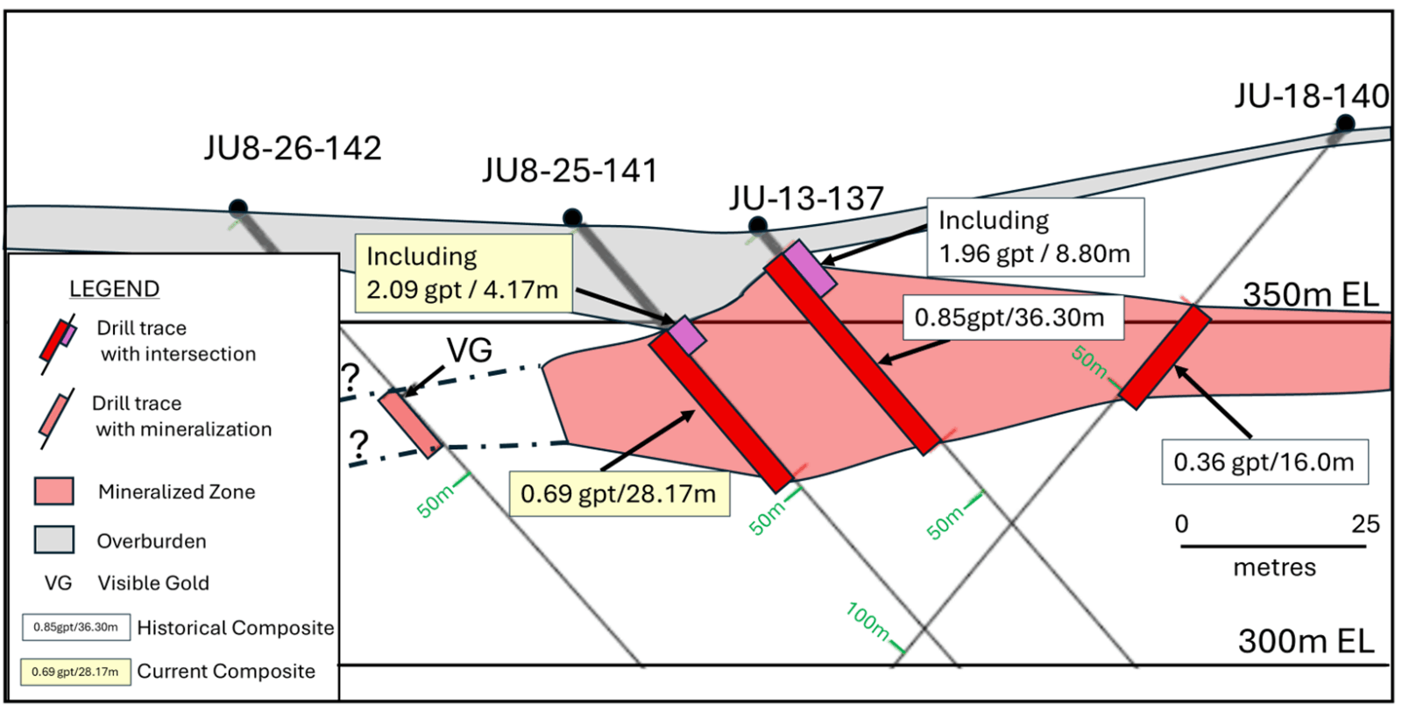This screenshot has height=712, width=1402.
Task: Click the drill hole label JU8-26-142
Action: coord(293,148)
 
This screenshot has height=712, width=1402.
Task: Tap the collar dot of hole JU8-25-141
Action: coord(572,217)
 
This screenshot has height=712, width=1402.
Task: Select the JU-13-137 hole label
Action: coord(806,199)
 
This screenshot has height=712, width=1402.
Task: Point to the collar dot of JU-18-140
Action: coord(1345,123)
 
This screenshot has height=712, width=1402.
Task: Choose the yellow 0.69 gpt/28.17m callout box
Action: coord(619,494)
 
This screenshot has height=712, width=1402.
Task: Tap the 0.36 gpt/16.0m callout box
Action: coord(1264,462)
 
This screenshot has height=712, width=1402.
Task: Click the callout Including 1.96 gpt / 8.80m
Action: coord(1035,236)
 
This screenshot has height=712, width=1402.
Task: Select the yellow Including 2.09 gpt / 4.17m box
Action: coord(463,272)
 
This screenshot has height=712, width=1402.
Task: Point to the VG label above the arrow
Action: coord(470,350)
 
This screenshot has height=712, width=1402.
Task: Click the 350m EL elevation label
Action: coord(1311,295)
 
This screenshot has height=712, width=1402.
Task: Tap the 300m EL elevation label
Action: coord(1306,641)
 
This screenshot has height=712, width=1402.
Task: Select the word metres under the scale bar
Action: coord(1274,567)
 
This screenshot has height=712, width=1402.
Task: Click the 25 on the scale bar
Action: coord(1365,524)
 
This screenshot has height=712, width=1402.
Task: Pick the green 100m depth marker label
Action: coord(867,621)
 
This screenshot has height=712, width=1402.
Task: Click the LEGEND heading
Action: coord(114,289)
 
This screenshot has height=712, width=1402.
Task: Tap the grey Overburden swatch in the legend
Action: coord(53,539)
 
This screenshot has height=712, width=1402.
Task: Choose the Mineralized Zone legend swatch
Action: coord(53,491)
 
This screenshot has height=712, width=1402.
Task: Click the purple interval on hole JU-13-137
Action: coord(809,268)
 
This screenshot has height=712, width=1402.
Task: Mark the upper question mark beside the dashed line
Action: coord(350,377)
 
